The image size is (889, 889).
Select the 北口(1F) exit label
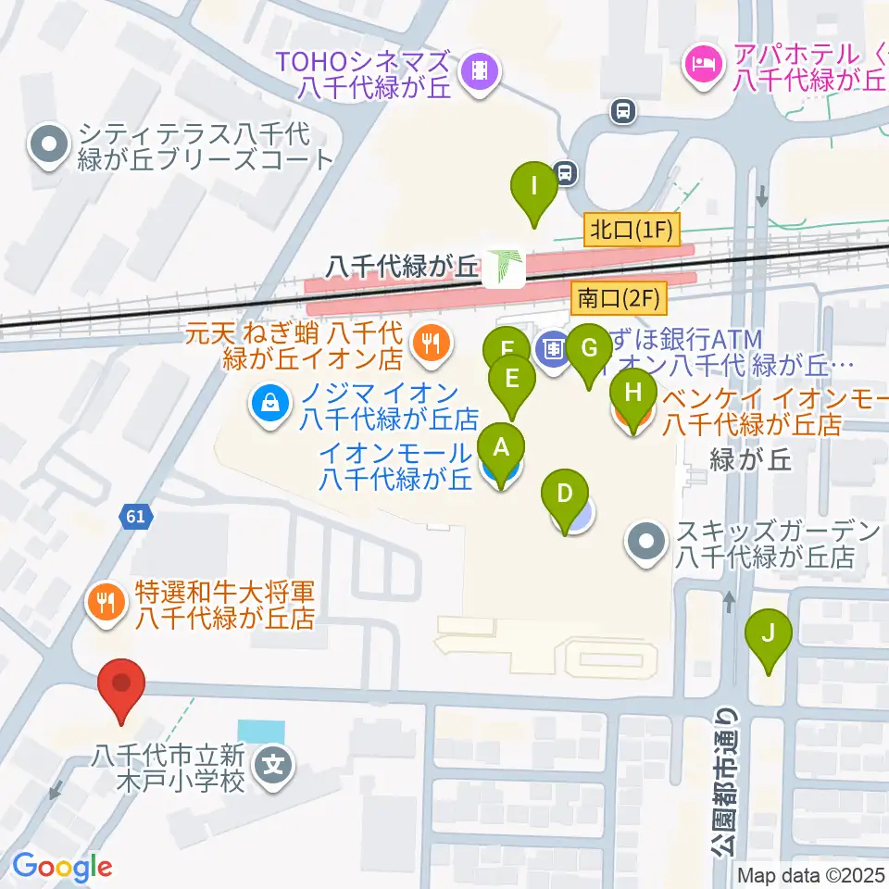coord(632,229)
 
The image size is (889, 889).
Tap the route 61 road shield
coord(135,516)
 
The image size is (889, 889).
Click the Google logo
coord(62,867)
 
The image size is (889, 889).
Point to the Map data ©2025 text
coord(810,874)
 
